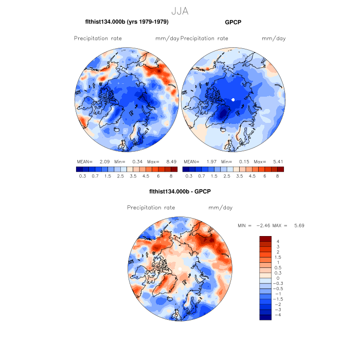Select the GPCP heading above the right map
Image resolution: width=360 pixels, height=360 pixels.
[x=233, y=22]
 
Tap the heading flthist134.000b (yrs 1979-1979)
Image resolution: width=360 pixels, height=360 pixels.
[x=127, y=22]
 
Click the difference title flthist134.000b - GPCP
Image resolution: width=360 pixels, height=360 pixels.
[x=179, y=191]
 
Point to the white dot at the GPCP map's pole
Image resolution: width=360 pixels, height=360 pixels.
[x=233, y=99]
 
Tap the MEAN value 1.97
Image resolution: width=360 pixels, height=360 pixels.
[x=206, y=161]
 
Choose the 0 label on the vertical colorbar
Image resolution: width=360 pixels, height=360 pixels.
[x=278, y=278]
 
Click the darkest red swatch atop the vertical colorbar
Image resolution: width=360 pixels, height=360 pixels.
[x=265, y=239]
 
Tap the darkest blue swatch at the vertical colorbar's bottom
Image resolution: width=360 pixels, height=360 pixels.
[x=265, y=317]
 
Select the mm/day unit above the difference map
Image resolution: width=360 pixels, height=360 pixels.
[x=220, y=208]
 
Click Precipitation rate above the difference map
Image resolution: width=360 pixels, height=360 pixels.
[x=151, y=208]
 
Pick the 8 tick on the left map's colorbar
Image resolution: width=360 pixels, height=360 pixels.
[x=172, y=176]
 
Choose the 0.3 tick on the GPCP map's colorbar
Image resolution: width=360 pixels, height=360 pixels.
[x=188, y=176]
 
